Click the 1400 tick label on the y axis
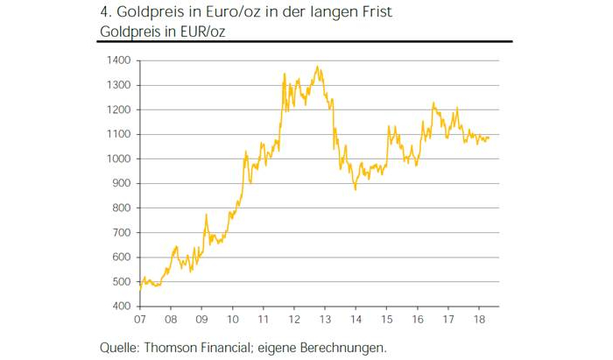point(119,60)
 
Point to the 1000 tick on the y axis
point(119,159)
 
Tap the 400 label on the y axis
point(122,307)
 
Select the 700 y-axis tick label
point(122,233)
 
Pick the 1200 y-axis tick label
point(119,109)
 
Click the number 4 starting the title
point(107,12)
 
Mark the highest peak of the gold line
point(317,67)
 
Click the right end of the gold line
point(489,138)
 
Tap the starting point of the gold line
point(139,288)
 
